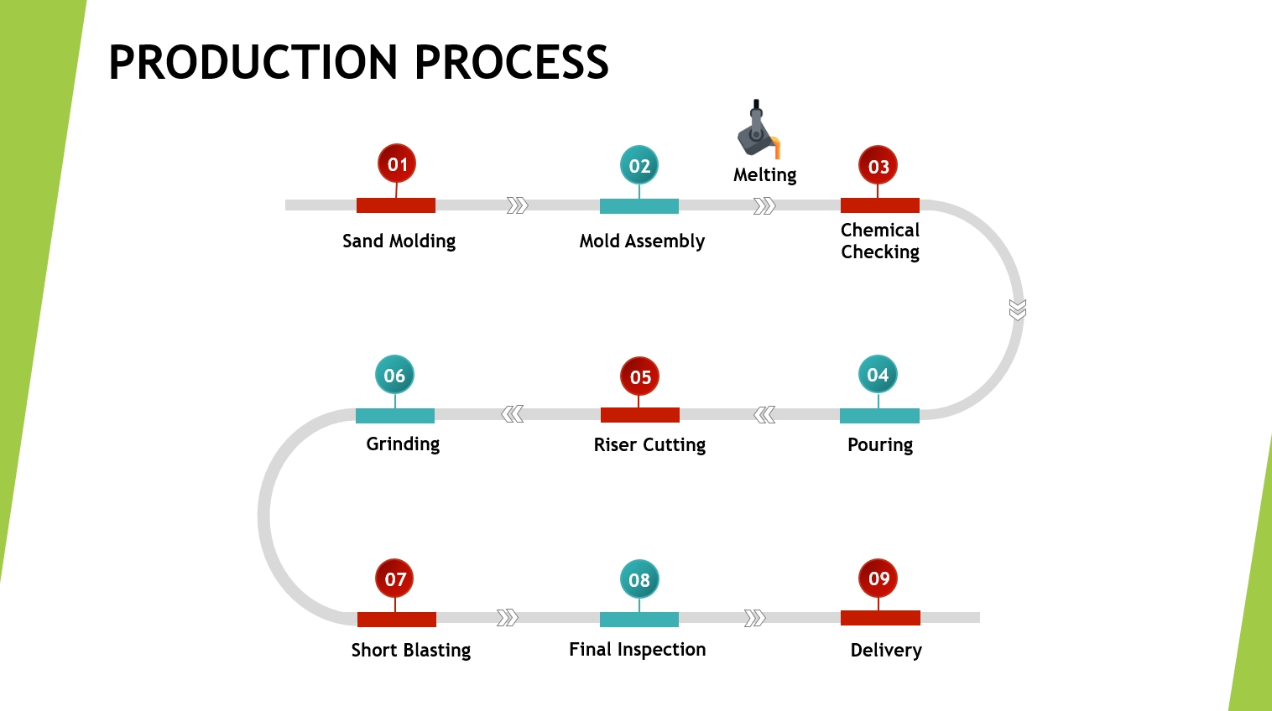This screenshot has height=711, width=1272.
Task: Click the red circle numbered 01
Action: click(397, 164)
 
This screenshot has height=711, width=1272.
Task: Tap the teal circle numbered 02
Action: click(639, 166)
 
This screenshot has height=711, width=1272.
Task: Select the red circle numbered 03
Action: click(878, 166)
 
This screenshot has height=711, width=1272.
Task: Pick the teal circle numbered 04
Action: click(878, 375)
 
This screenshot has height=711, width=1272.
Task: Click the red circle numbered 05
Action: click(640, 377)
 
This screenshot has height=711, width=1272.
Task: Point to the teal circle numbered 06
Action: click(394, 376)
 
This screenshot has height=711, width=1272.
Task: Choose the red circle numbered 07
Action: click(395, 579)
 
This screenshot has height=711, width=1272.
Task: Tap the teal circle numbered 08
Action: click(639, 579)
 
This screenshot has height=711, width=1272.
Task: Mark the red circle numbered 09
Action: click(878, 579)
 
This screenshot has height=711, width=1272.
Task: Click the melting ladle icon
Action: click(759, 130)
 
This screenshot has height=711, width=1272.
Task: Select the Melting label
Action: click(764, 175)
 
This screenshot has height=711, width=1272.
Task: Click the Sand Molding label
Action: click(399, 241)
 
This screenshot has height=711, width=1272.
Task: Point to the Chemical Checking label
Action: click(880, 241)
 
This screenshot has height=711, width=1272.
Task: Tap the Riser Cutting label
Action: click(649, 445)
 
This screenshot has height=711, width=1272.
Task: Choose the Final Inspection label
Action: click(637, 650)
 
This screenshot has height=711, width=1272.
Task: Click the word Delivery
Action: click(886, 651)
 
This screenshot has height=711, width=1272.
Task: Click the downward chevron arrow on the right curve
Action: click(1018, 310)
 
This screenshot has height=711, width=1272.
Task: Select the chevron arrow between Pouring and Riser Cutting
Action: click(764, 415)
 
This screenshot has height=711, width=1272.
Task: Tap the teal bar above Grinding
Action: click(395, 416)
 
